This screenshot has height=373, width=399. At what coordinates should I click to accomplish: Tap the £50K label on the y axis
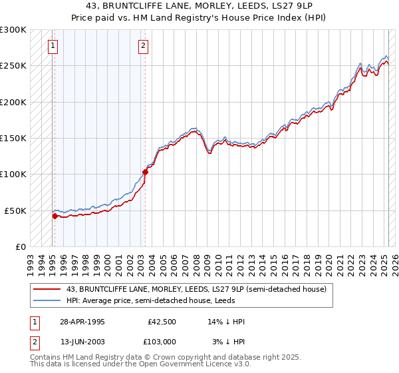coord(16,210)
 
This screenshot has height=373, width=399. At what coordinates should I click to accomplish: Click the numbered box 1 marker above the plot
coord(53,46)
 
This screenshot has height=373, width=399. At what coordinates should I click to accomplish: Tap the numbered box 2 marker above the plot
coord(143,46)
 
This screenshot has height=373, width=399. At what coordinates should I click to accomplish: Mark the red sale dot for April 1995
coord(55,216)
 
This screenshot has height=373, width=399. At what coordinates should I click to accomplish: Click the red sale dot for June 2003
coord(144,172)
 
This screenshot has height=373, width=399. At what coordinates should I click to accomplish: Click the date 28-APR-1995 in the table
coord(82,322)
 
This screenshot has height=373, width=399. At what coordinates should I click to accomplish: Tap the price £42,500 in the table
coord(162,322)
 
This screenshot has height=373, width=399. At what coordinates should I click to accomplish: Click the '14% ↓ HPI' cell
coord(226,322)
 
